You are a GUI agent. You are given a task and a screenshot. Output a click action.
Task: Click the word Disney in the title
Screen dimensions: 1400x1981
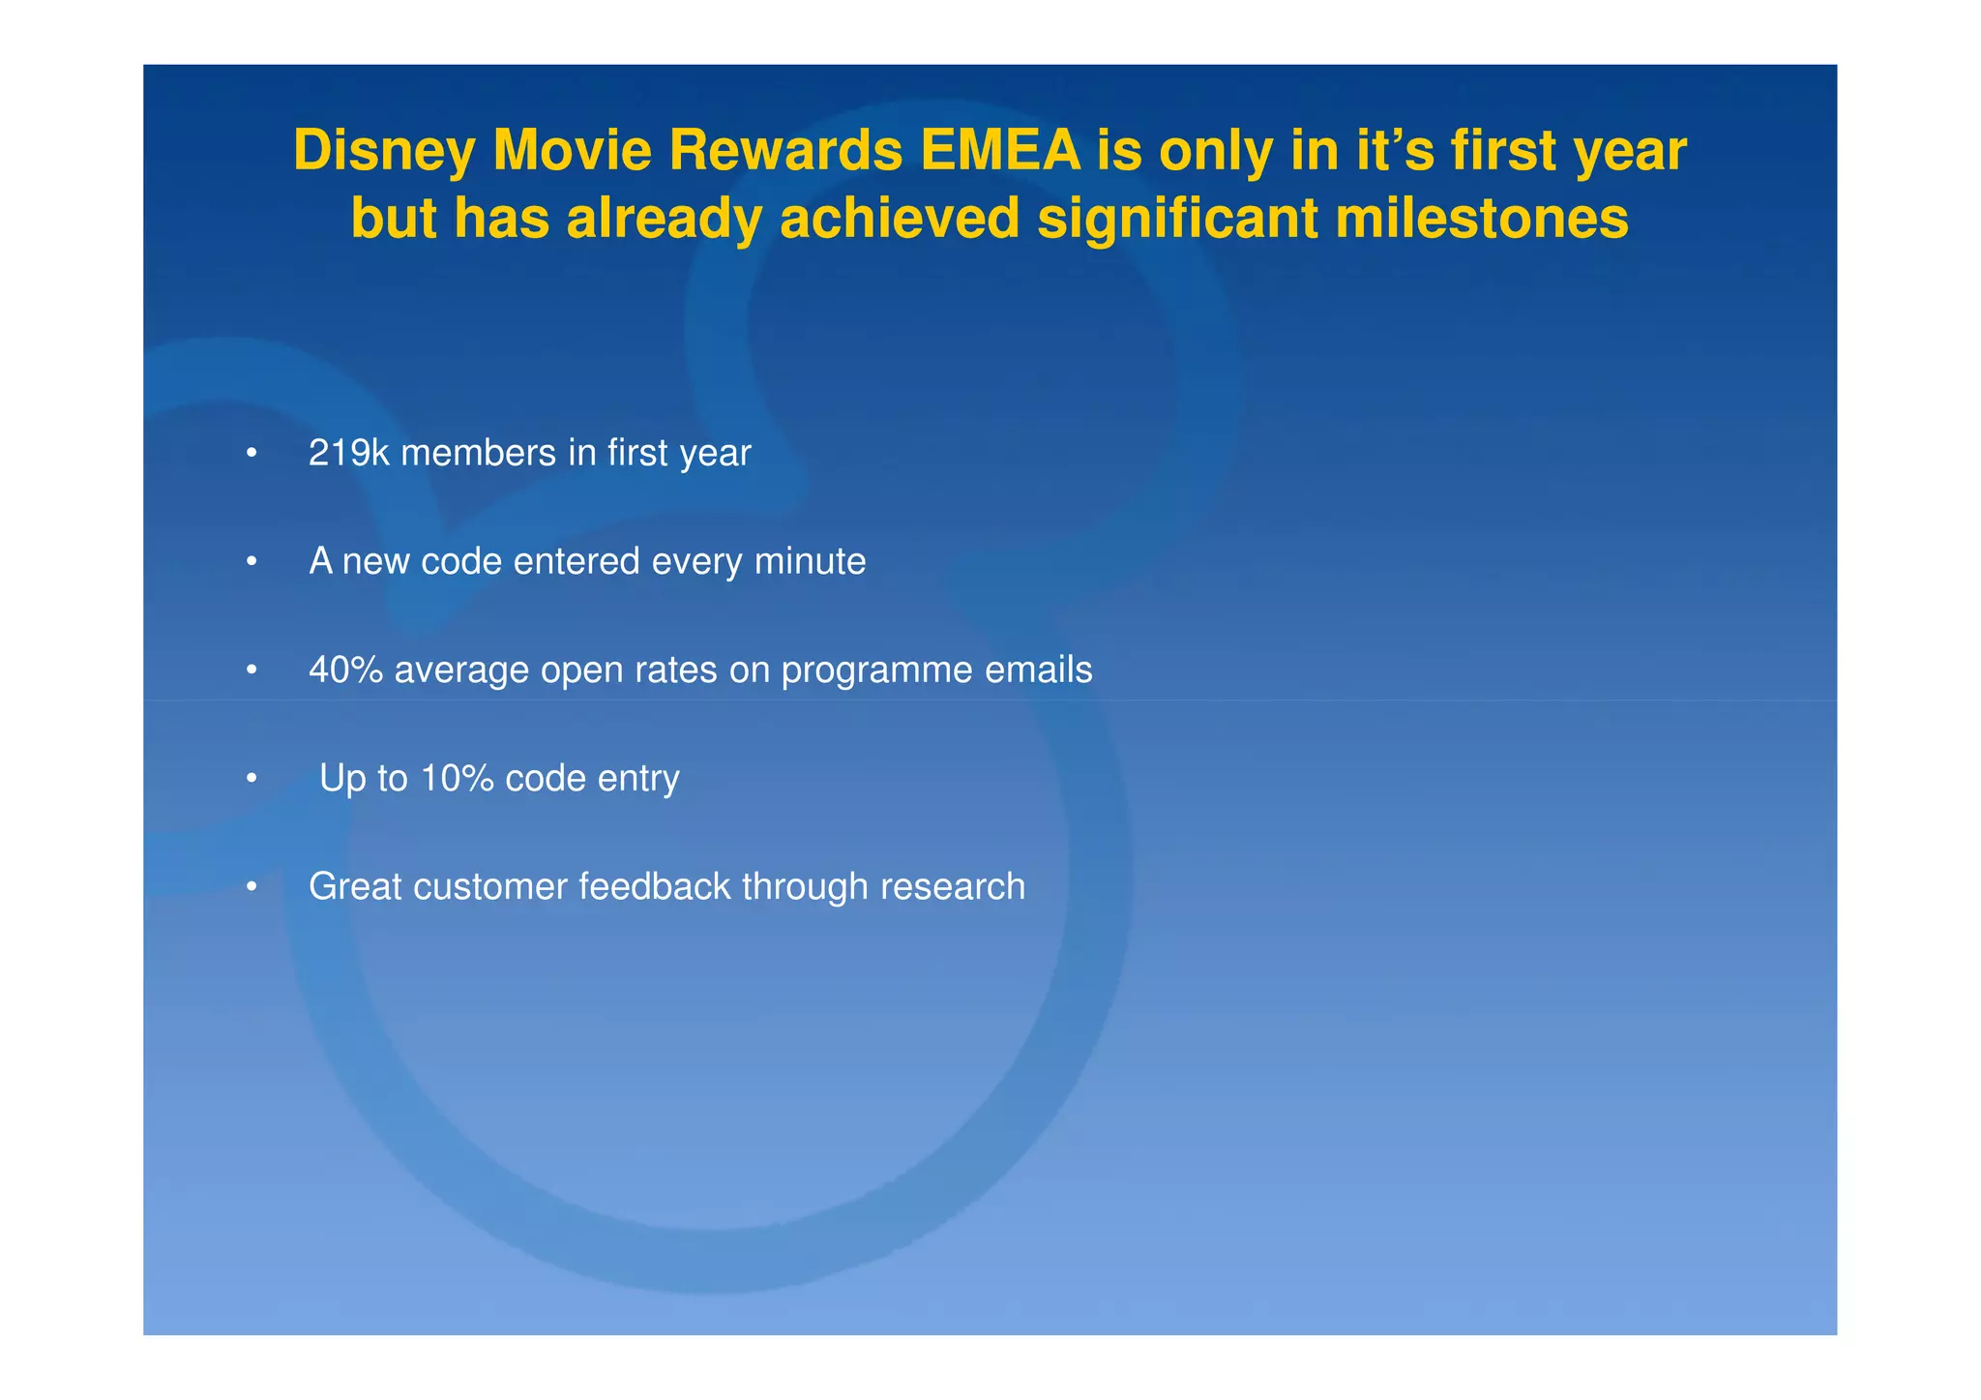tap(384, 152)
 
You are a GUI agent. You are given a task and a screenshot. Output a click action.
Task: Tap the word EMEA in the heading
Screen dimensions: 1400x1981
tap(1000, 152)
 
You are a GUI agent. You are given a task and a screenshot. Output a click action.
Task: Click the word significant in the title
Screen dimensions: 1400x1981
tap(1177, 219)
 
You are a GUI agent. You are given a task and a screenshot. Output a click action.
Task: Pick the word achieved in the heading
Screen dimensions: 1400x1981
tap(900, 219)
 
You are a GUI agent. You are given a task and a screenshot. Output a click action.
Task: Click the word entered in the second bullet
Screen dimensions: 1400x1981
tap(576, 561)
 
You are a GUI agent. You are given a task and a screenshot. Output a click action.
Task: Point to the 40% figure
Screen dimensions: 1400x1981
tap(345, 670)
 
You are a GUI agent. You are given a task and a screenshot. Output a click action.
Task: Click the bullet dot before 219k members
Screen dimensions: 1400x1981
tap(251, 454)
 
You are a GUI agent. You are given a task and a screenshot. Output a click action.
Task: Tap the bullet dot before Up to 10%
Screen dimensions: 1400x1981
tap(251, 779)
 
